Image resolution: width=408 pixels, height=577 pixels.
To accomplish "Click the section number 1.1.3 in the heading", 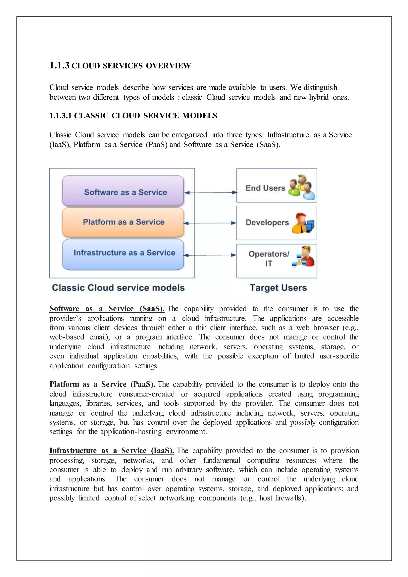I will (x=59, y=66).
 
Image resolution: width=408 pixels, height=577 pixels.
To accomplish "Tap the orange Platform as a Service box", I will (x=123, y=222).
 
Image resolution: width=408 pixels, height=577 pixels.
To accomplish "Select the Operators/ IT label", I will (x=269, y=259).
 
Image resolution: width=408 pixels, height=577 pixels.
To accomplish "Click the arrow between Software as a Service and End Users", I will (x=211, y=193).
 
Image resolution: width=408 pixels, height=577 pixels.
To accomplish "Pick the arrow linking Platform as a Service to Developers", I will (x=210, y=223).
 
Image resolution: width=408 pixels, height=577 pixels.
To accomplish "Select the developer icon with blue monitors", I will (x=303, y=223).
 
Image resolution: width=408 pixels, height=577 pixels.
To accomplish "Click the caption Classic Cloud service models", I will (x=118, y=288).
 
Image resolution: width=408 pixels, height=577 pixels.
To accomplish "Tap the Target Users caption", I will (x=278, y=288).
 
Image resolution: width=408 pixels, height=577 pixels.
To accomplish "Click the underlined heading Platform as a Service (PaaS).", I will (x=102, y=384).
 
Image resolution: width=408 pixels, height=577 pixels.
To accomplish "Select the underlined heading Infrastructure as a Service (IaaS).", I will (x=112, y=451).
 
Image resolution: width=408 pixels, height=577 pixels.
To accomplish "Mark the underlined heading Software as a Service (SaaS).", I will (x=107, y=309).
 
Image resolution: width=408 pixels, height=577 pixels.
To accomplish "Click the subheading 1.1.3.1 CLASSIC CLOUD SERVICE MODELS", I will (x=133, y=116).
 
